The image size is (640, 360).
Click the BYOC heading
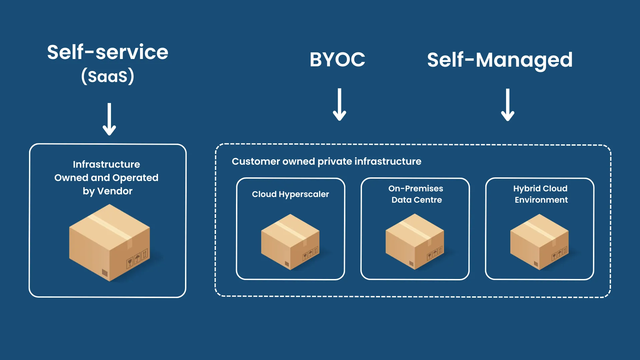point(337,60)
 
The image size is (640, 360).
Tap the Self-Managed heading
point(500,60)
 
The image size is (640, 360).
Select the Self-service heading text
point(108,52)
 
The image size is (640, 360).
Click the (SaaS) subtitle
point(108,76)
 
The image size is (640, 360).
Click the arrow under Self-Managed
point(507,105)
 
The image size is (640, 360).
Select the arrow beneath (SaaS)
point(109,119)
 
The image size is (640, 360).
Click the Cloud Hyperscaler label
point(290,194)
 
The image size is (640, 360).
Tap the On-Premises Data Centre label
point(416,194)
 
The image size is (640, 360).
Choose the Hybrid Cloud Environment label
point(541,194)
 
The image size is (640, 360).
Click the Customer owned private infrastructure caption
point(326,161)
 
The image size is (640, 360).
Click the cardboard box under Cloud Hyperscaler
point(290,242)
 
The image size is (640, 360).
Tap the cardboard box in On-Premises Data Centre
point(415,242)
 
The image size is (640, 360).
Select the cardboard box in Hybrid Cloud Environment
point(539,242)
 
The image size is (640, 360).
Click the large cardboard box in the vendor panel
point(109,243)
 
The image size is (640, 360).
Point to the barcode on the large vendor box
point(105,273)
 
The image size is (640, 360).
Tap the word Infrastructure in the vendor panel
point(106,164)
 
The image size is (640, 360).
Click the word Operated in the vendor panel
point(135,178)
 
